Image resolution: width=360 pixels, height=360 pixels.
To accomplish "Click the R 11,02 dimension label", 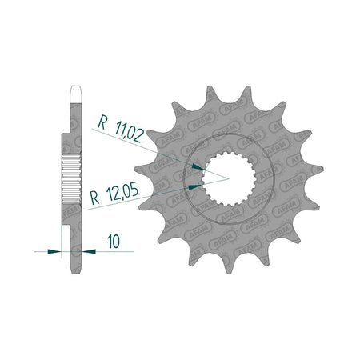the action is (x=121, y=129).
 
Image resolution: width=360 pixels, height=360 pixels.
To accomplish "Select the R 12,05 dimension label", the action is (x=114, y=194).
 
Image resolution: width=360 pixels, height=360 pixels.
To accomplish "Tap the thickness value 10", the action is (x=114, y=242).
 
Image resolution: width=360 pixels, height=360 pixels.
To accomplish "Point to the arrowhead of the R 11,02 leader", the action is (x=198, y=167).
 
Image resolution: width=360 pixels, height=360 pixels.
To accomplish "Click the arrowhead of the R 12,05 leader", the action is (x=194, y=186).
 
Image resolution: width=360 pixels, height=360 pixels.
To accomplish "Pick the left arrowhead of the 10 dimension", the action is (x=54, y=251).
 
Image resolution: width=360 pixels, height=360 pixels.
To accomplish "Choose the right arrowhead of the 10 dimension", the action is (x=89, y=251).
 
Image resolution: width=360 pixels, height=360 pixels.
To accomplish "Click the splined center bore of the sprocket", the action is (x=229, y=178).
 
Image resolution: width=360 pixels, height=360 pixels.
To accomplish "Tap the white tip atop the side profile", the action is (x=75, y=94).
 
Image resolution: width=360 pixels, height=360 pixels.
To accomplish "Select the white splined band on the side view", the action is (x=71, y=178).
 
